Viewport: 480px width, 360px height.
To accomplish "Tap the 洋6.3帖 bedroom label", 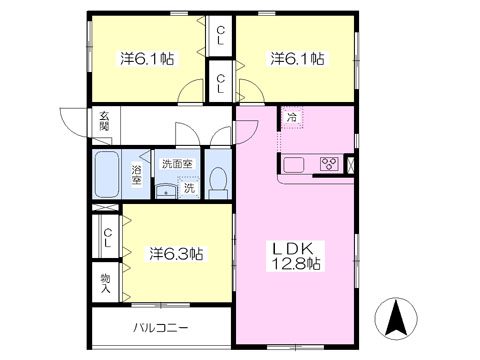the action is pos(176,254).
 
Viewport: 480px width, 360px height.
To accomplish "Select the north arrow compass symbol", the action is pos(396,318).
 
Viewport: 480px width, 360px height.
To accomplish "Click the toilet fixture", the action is pos(218,183).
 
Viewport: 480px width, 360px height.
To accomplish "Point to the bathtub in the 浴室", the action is pos(106,174).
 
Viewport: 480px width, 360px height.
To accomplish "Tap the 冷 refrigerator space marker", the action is pos(292,117).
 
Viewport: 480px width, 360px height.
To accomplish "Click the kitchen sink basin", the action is pos(293,165).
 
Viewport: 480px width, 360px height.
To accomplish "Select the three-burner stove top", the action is pos(329,164).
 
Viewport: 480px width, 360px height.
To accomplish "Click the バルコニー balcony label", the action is pos(161,328).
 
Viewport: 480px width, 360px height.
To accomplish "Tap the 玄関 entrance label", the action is pos(104,121).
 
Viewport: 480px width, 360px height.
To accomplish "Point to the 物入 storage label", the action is pos(106,283).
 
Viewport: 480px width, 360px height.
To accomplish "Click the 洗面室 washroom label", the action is pos(177,164).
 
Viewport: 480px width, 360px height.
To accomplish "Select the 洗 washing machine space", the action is pos(189,188).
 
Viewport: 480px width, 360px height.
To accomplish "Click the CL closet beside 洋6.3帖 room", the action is pos(107,238).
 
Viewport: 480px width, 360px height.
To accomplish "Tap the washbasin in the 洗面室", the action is pos(166,191).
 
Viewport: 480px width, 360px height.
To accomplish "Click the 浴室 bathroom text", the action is pos(136,175).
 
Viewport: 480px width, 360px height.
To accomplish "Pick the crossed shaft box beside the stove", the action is pos(351,165).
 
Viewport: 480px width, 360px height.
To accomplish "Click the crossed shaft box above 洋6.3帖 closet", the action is pos(105,207).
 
